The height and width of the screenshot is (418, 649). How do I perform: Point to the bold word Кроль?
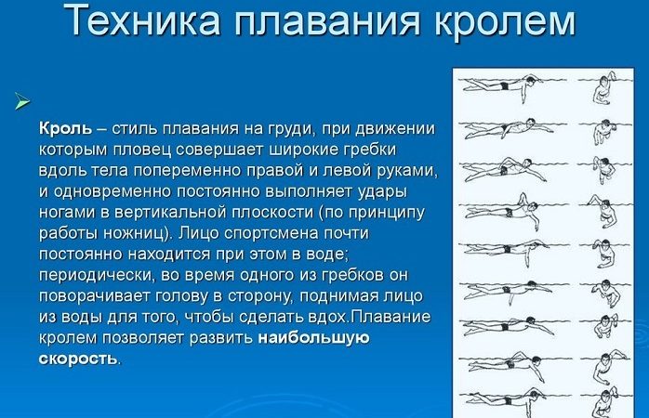[x=64, y=128]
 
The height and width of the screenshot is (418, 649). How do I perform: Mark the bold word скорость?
[x=78, y=359]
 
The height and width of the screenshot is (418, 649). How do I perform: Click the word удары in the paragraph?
[x=403, y=191]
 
